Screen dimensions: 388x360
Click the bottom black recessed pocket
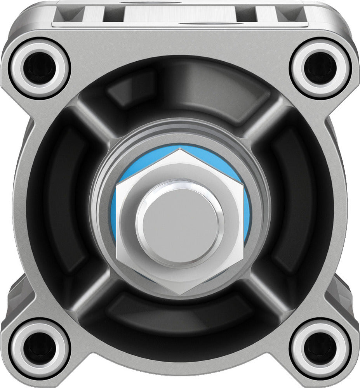[x=180, y=310]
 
